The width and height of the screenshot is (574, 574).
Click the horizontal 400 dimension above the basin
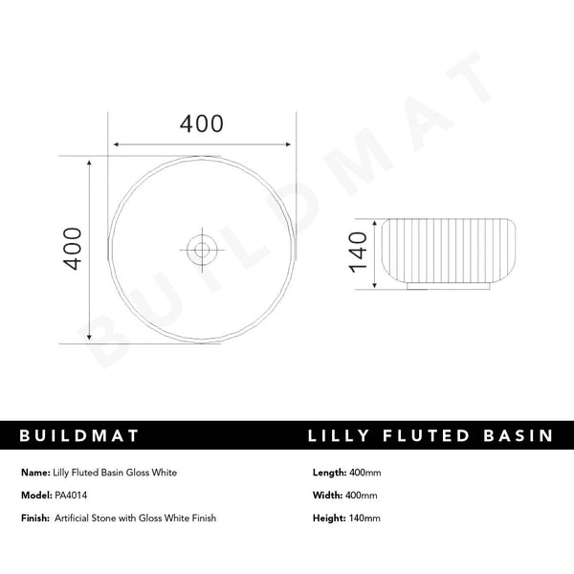point(202,124)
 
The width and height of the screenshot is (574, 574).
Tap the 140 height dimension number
point(358,251)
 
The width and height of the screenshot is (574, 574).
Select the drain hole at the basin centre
point(201,251)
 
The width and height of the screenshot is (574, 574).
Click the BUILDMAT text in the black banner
point(79,435)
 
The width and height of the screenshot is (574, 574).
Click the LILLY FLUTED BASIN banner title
point(430,435)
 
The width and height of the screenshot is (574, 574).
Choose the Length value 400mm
point(364,473)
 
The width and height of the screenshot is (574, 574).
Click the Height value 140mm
point(364,518)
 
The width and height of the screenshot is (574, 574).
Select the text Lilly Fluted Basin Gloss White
point(115,473)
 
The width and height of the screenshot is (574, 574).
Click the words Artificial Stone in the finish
point(85,518)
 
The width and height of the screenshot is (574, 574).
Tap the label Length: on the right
point(329,473)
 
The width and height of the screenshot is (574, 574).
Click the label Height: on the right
point(328,518)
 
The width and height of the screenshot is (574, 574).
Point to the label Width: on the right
point(327,496)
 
